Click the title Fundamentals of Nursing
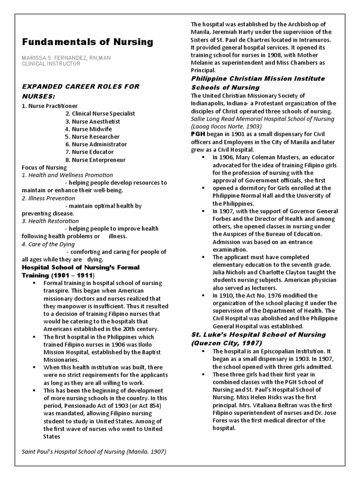point(88,42)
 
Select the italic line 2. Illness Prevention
point(48,198)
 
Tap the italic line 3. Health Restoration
point(50,221)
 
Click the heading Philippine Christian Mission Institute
point(257,78)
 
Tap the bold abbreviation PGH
point(198,135)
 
